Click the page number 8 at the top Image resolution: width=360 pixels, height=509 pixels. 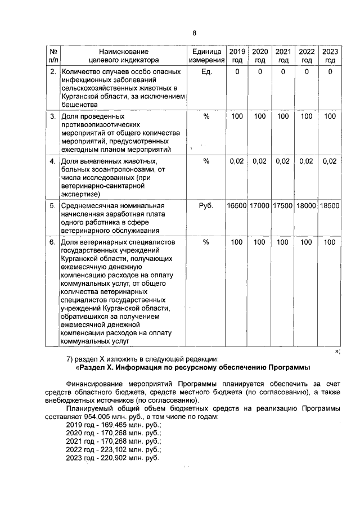click(194, 33)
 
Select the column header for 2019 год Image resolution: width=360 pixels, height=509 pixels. click(237, 55)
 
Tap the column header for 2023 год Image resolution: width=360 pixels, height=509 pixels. click(330, 55)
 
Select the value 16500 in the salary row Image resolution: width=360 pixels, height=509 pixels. click(237, 206)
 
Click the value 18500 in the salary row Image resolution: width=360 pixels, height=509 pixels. click(330, 206)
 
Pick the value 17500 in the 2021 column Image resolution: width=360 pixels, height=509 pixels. click(282, 206)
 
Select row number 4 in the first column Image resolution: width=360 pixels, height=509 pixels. click(52, 161)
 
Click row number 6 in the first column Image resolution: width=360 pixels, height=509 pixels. click(52, 242)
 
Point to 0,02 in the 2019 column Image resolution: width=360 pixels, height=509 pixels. click(237, 161)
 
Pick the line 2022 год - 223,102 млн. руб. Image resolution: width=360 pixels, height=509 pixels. click(114, 450)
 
